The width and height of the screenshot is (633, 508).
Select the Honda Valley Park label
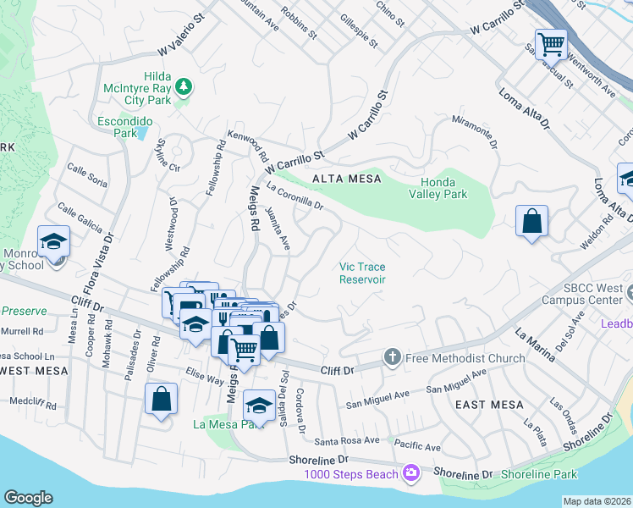443,188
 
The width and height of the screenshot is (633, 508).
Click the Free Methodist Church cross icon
392,357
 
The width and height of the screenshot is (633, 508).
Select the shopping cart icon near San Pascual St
551,41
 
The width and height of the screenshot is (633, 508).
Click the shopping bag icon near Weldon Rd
531,221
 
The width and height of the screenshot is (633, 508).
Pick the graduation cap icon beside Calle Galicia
53,240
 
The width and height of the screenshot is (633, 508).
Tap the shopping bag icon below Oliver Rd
161,399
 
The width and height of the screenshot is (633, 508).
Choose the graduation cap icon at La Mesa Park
260,404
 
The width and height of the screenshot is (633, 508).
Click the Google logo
28,497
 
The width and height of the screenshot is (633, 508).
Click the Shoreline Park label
539,474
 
